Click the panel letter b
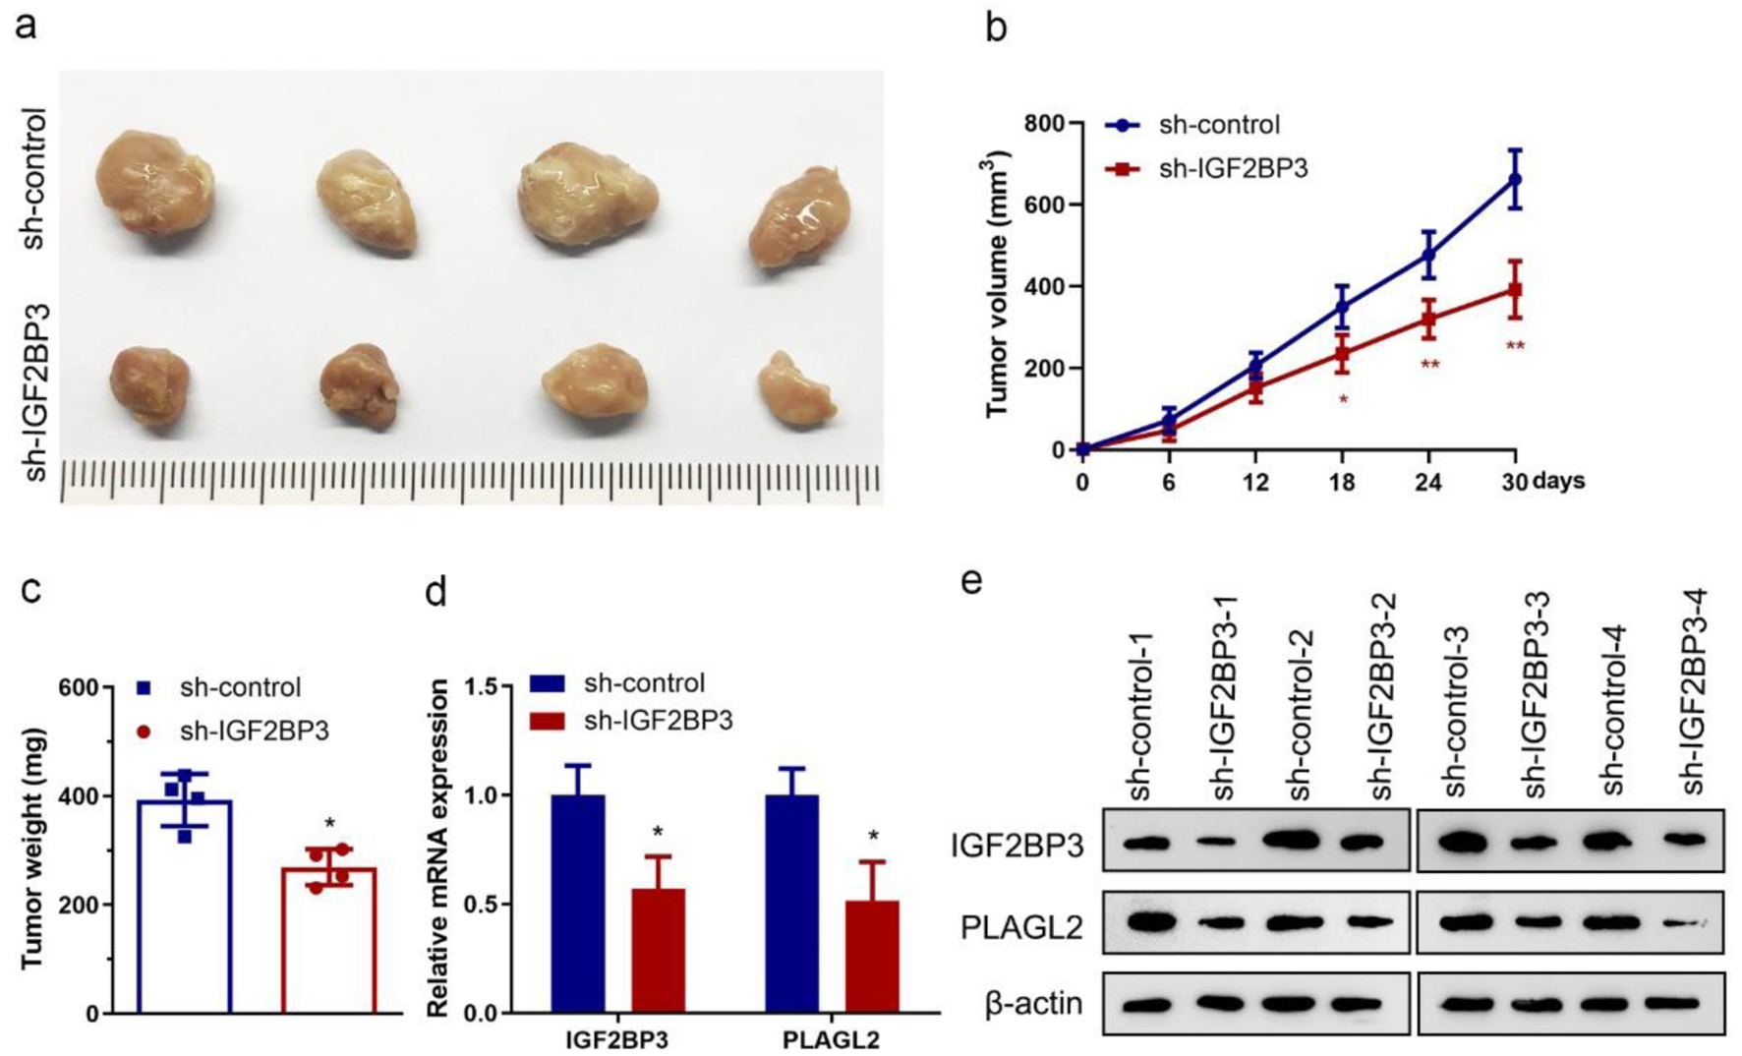(x=997, y=29)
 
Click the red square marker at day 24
(x=1428, y=319)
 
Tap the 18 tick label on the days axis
(x=1342, y=482)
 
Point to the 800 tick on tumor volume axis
(x=1044, y=123)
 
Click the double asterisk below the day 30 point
(x=1516, y=346)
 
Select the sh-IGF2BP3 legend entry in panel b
(x=1233, y=168)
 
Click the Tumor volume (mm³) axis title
(x=999, y=284)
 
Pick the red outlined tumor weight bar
(x=328, y=939)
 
